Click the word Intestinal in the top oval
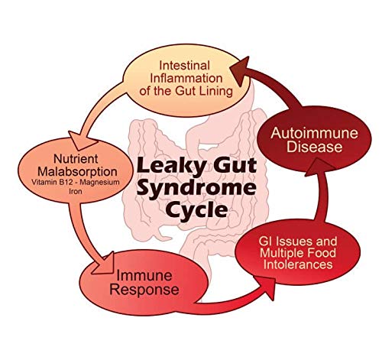point(184,66)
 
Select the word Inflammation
point(186,78)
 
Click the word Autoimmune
point(314,133)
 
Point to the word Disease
point(315,147)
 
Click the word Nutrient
point(76,159)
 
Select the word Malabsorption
point(77,171)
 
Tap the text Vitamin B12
point(50,182)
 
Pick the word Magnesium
point(101,183)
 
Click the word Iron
point(76,191)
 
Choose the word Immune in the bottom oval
point(144,276)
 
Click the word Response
point(144,290)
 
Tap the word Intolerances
point(298,264)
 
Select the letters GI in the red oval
point(265,242)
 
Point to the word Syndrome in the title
point(196,189)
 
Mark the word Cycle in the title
point(198,210)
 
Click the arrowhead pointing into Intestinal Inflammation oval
point(241,71)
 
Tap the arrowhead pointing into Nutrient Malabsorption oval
point(83,140)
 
